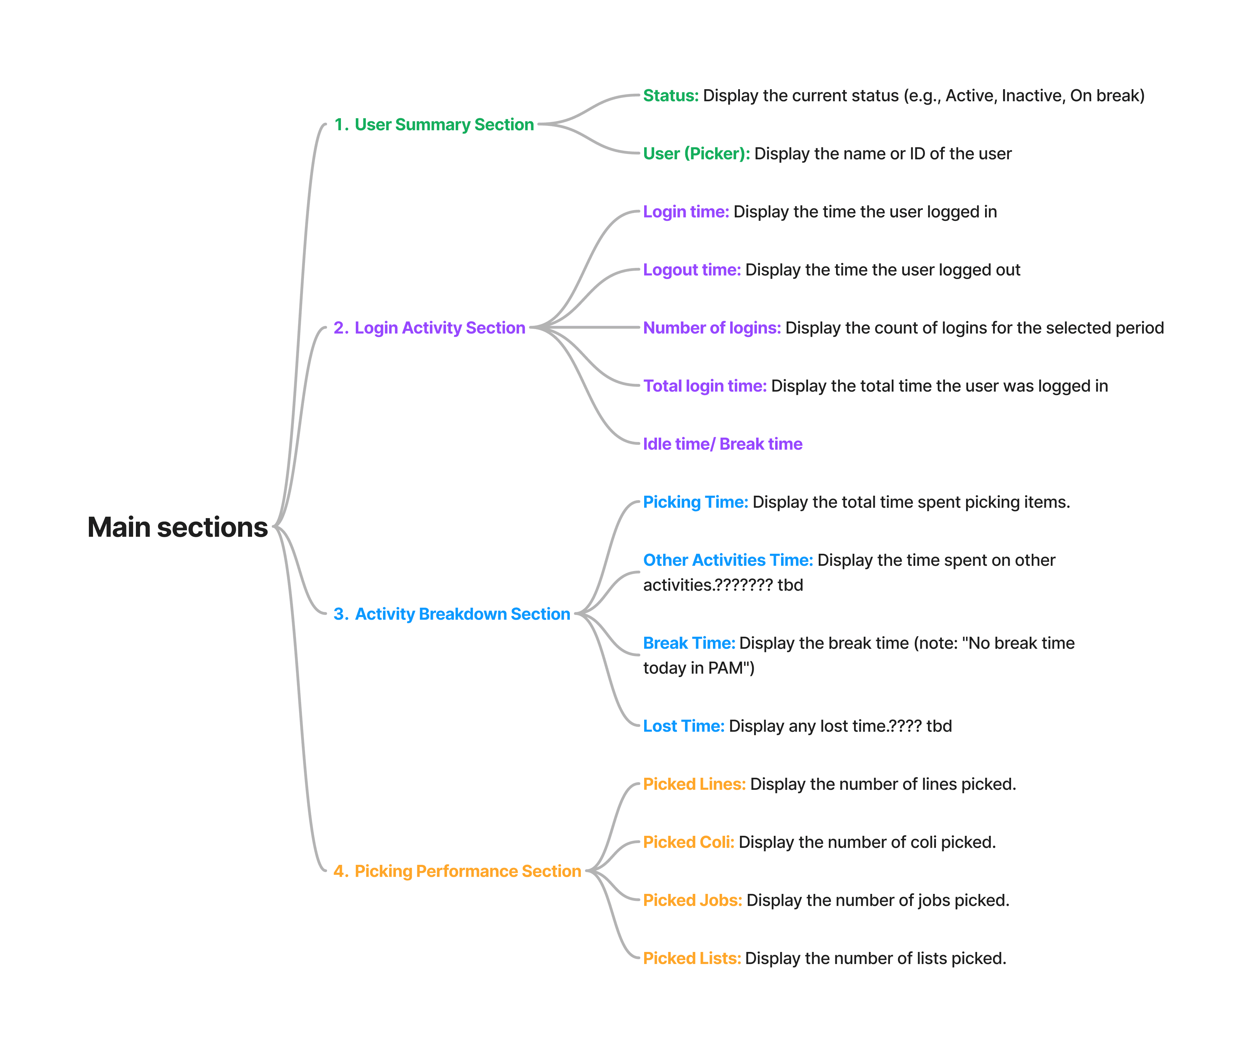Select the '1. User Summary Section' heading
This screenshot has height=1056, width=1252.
[x=434, y=124]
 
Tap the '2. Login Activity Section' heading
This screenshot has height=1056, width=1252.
[x=429, y=328]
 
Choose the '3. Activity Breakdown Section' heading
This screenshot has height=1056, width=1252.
[x=452, y=614]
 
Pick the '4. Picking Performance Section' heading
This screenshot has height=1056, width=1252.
[x=457, y=871]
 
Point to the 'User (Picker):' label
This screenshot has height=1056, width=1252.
[x=696, y=154]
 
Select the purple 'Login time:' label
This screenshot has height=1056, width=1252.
[x=686, y=212]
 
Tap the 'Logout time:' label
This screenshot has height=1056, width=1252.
[x=692, y=270]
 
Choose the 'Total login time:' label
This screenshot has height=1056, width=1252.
[x=705, y=386]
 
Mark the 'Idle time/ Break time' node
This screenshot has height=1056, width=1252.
[x=722, y=444]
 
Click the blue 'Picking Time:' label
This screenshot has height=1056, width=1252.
[x=695, y=502]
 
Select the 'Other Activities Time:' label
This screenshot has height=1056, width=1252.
[x=727, y=560]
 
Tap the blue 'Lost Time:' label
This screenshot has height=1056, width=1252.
[x=683, y=726]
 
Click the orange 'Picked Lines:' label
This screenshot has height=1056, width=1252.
[x=694, y=784]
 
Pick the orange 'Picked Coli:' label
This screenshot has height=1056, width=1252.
[x=688, y=842]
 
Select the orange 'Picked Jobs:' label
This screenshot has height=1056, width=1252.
[x=692, y=900]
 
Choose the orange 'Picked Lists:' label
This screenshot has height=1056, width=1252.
[x=692, y=959]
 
